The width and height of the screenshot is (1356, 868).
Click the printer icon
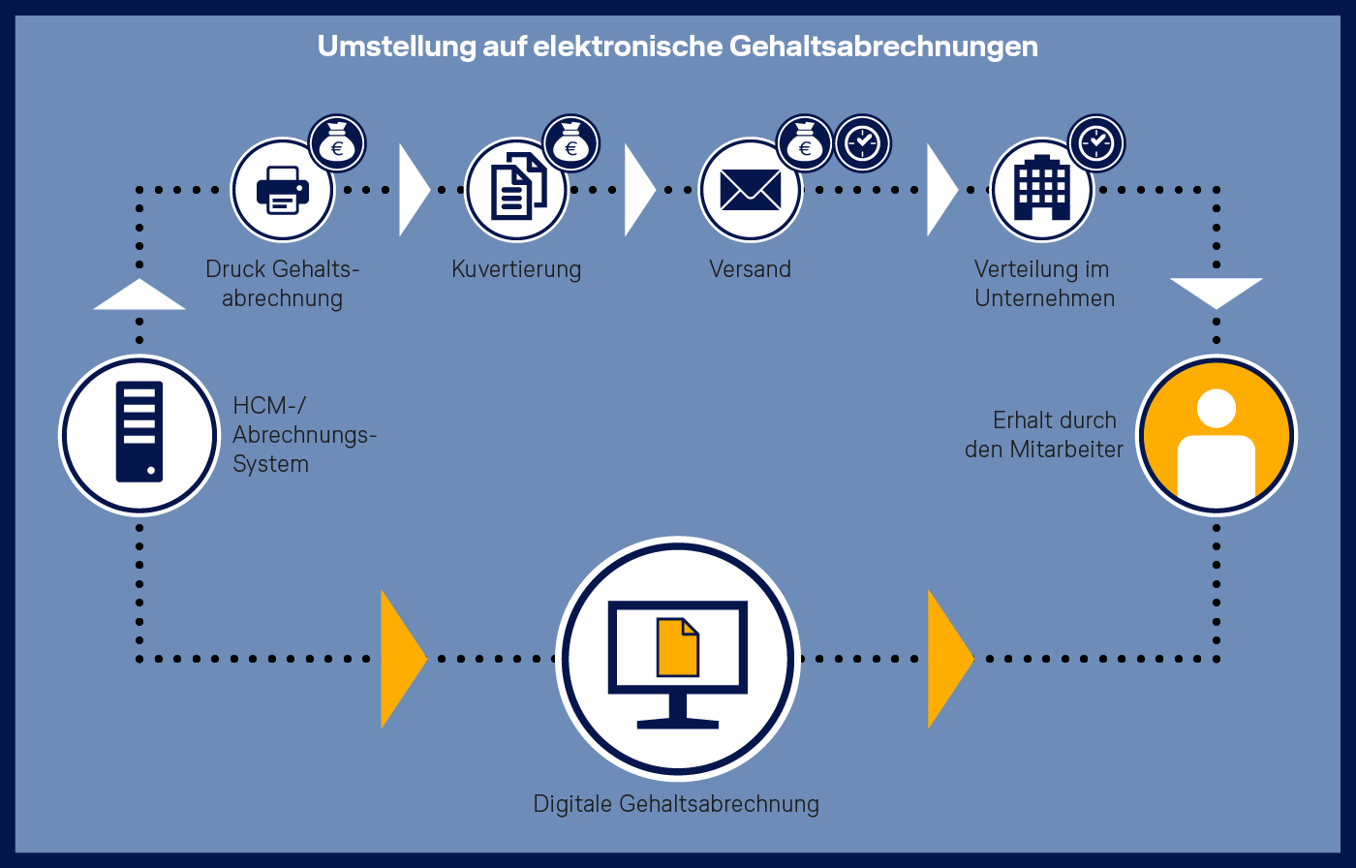[x=283, y=190]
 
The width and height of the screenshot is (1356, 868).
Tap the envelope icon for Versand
[x=751, y=190]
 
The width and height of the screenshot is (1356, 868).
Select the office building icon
[x=1042, y=188]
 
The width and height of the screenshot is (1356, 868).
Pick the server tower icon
[x=139, y=432]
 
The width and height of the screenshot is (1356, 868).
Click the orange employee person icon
[x=1217, y=435]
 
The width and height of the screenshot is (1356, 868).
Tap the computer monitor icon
[x=678, y=664]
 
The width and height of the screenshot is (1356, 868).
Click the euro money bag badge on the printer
[x=337, y=143]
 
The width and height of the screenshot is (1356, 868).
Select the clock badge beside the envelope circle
[x=863, y=143]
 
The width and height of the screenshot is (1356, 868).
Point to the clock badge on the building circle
[x=1096, y=143]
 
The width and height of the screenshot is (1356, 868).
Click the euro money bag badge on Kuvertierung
[x=570, y=143]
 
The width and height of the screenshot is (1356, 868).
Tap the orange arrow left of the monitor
[x=404, y=659]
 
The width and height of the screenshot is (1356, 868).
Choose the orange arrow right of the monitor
[x=951, y=659]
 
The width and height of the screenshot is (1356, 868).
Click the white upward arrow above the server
[x=139, y=294]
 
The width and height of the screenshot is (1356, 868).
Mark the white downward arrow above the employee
[x=1217, y=294]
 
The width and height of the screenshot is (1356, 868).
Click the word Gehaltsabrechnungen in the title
[x=883, y=46]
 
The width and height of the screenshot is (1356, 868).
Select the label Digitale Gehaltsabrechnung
[x=676, y=804]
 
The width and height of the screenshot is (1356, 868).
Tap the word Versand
[x=750, y=268]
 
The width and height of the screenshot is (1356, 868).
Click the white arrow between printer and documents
[x=415, y=190]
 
